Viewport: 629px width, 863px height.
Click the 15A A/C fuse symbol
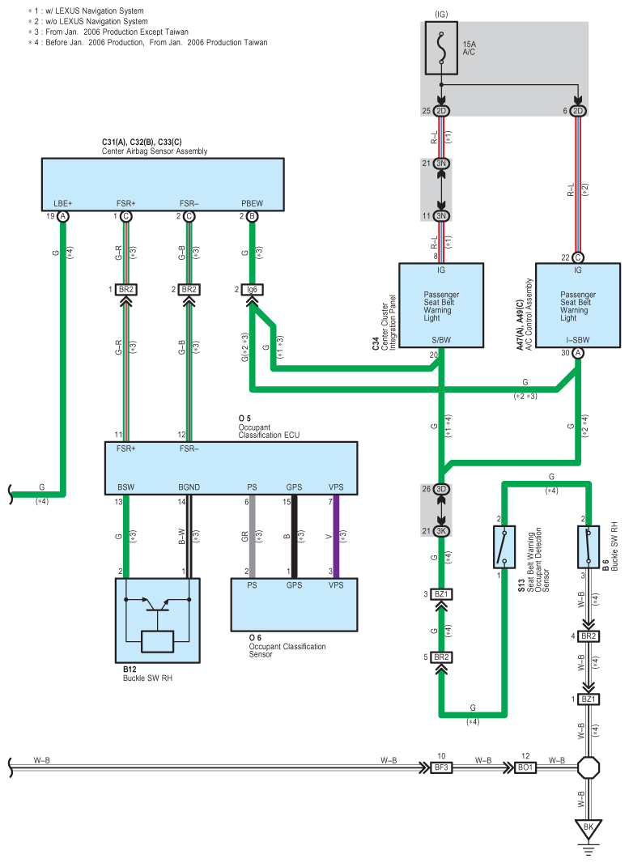(x=441, y=48)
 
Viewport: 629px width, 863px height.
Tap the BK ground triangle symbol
(x=589, y=828)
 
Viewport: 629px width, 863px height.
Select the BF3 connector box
(x=441, y=767)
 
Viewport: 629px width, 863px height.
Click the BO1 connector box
(x=525, y=767)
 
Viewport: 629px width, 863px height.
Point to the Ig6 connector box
(x=252, y=290)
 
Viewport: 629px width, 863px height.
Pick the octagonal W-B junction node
(x=589, y=767)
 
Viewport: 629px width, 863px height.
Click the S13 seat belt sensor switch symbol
(x=504, y=546)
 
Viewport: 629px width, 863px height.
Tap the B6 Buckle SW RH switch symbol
(x=589, y=546)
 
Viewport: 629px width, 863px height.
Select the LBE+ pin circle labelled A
(x=63, y=216)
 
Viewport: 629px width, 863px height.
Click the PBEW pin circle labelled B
(x=252, y=216)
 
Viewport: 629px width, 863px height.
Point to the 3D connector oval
(x=441, y=489)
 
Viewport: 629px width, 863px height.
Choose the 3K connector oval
(x=441, y=531)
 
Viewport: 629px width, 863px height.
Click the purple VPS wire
(x=336, y=537)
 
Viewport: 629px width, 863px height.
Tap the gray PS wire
(x=252, y=537)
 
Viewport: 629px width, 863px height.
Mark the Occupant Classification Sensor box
(x=295, y=604)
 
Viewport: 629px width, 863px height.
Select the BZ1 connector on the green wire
(x=441, y=594)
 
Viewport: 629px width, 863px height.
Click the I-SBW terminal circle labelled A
(x=578, y=353)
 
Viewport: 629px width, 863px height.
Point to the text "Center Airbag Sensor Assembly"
(x=155, y=151)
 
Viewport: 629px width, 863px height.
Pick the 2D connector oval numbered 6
(x=578, y=111)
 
